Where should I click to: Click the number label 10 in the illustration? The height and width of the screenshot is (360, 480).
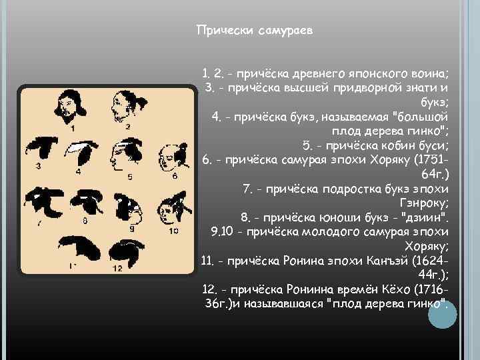coord(173,231)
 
